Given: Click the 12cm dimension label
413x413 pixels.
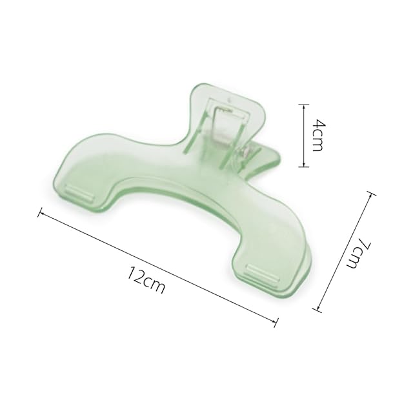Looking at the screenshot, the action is point(146,280).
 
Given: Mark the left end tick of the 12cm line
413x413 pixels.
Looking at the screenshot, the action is point(40,212).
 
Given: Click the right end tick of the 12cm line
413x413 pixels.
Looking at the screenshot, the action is point(276,323).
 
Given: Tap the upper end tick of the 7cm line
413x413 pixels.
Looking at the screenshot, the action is point(372,194).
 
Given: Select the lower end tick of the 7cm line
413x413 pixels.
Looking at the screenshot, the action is point(317,310).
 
